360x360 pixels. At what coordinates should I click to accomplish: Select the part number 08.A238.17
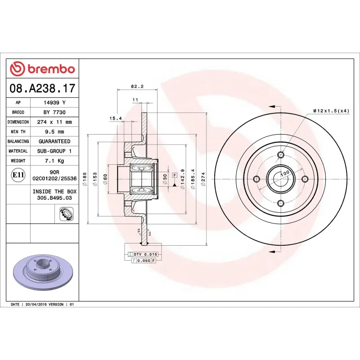click(x=42, y=88)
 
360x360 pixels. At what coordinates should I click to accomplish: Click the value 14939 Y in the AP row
click(x=54, y=103)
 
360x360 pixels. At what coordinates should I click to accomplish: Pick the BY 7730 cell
click(x=54, y=112)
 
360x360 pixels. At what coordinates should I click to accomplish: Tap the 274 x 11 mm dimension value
click(x=54, y=122)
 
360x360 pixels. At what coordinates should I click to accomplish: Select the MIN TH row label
click(x=18, y=132)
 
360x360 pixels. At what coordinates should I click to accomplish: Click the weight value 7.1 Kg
click(x=54, y=161)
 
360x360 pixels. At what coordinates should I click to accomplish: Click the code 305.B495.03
click(x=54, y=197)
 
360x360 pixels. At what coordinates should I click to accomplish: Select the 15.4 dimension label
click(x=116, y=118)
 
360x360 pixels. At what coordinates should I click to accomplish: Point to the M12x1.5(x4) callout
click(x=331, y=111)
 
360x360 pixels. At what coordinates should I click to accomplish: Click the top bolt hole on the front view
click(x=281, y=156)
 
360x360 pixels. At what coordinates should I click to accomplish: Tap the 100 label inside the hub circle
click(x=284, y=173)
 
